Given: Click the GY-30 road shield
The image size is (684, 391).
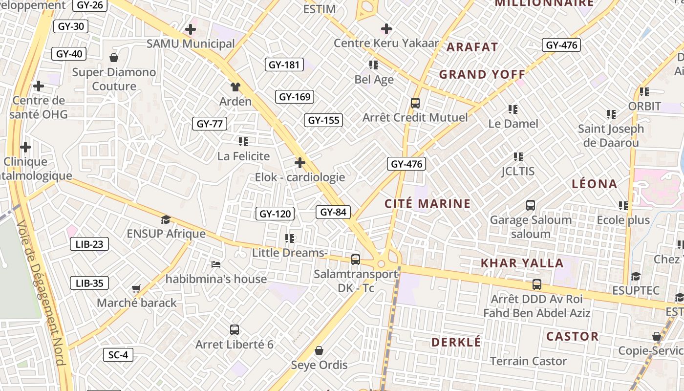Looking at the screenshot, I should tap(71, 26).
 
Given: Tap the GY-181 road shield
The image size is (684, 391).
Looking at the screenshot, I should tap(284, 65).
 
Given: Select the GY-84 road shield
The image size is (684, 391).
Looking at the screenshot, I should tap(334, 212).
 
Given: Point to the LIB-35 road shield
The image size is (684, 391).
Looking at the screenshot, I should tap(89, 283).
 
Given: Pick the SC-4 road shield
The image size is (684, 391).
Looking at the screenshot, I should tap(118, 355).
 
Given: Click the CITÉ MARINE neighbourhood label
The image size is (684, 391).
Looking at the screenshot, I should tap(427, 204).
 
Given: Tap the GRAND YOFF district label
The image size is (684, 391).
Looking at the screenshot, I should tap(482, 75).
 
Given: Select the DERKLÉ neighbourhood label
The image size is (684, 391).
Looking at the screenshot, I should tap(456, 342).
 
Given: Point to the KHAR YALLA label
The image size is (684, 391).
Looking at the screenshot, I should tap(522, 263).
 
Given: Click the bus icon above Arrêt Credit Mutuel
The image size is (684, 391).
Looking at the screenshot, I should tap(415, 103).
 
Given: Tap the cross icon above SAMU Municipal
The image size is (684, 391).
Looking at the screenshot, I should tap(191, 29).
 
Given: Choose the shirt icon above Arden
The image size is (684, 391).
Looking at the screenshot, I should tap(235, 87).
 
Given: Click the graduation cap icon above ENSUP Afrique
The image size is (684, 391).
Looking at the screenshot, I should tap(166, 219).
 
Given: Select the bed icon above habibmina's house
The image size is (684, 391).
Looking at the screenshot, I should tap(216, 264).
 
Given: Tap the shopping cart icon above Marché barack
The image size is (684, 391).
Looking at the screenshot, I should tap(136, 289).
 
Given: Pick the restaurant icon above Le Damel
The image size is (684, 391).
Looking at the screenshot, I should tap(513, 109).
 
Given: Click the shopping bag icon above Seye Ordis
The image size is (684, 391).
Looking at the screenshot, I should tap(319, 350).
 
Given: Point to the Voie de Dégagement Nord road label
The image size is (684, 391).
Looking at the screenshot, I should tap(42, 293).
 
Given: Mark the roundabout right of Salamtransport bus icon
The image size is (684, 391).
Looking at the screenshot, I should tap(381, 263).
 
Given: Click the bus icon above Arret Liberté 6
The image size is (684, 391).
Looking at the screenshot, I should tap(235, 330).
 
